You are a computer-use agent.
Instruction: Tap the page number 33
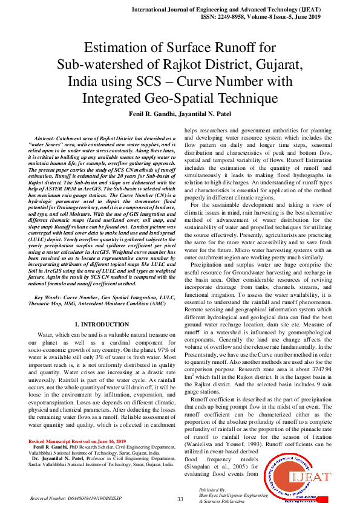(180, 499)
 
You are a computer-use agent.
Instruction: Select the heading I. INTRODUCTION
(102, 325)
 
